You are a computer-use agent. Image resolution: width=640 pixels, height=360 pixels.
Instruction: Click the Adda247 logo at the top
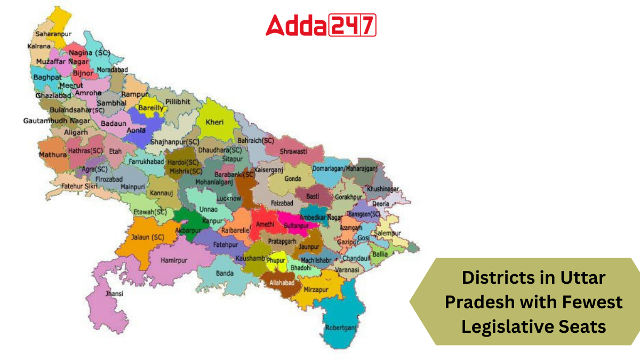click(321, 25)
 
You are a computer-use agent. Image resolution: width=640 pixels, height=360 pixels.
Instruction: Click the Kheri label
click(215, 122)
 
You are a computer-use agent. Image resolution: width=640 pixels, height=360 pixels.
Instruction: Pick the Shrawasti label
click(294, 151)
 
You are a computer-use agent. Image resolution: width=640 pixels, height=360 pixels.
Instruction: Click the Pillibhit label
click(178, 101)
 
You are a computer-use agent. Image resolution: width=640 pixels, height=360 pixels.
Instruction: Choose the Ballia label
click(380, 254)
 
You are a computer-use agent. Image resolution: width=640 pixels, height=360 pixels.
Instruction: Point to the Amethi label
click(265, 226)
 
